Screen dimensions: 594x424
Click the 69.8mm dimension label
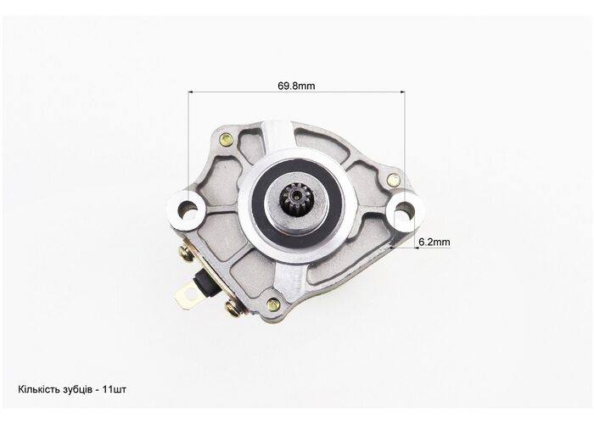296,86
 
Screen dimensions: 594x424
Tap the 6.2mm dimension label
434,242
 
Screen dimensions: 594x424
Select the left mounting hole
188,209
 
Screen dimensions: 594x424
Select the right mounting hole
405,209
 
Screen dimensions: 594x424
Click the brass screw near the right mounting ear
394,178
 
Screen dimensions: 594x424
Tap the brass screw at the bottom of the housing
272,304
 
